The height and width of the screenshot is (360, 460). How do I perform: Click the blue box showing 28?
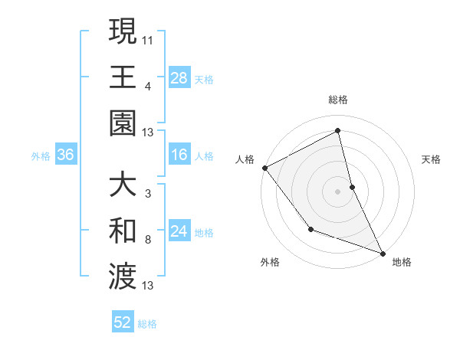coord(179,77)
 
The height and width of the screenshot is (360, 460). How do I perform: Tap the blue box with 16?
coord(179,155)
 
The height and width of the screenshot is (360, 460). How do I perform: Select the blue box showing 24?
coord(179,232)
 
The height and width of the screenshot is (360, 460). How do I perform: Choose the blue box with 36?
coord(66,155)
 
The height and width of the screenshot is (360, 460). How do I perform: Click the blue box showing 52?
coord(123,323)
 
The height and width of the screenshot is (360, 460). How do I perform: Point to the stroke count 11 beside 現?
coord(149,38)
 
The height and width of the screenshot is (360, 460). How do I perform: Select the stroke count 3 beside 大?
coord(148,193)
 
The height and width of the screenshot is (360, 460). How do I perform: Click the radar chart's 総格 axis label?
coord(338,100)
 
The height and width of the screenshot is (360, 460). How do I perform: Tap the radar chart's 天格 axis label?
coord(432,159)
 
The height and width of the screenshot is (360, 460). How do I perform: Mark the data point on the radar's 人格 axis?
coord(264,167)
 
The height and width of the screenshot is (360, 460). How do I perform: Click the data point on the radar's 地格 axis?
coord(383,252)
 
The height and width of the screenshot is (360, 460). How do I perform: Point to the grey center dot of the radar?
coord(338,191)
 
